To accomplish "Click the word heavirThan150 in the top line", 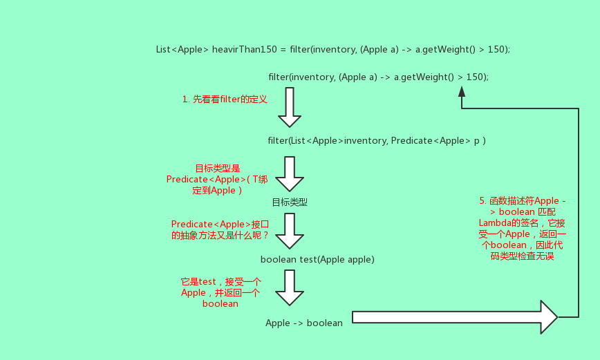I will [244, 49].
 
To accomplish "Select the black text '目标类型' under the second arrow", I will [289, 202].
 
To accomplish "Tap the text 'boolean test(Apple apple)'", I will [317, 259].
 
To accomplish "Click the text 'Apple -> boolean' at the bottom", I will [304, 323].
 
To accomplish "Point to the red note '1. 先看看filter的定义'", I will [225, 100].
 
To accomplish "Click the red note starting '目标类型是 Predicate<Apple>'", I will [216, 179].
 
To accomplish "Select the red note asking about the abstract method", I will [220, 229].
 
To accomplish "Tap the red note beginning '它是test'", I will [220, 292].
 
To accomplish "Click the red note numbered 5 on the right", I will [521, 228].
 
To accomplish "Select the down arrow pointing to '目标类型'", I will [290, 173].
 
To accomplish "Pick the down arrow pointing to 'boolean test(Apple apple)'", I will [290, 230].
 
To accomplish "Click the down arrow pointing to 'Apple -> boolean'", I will [290, 287].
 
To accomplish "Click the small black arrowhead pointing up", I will [462, 91].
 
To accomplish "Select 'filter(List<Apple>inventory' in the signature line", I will [327, 141].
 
